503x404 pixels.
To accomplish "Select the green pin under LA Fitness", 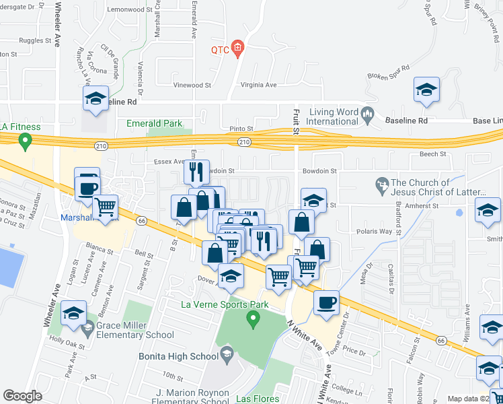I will tap(26, 141).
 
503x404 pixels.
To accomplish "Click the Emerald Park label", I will tap(154, 123).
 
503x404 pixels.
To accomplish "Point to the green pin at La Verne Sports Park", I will tap(254, 318).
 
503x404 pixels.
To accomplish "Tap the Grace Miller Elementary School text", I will tap(134, 330).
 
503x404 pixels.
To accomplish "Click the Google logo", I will tap(22, 396).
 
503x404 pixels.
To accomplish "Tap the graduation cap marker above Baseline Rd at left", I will tap(96, 100).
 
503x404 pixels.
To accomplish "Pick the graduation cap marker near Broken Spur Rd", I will tap(426, 90).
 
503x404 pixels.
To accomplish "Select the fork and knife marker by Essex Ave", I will tap(196, 172).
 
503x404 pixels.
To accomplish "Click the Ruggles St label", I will tap(36, 40).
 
